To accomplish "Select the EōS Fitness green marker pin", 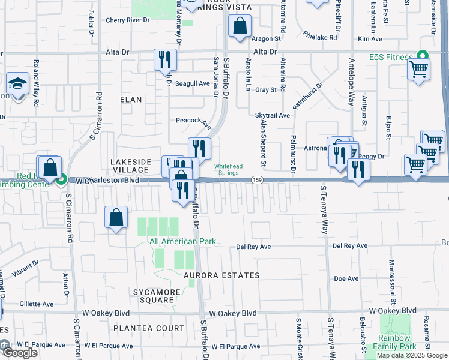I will click(x=422, y=58).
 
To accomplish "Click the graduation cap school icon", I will click(x=17, y=83).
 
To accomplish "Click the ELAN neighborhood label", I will click(x=131, y=100).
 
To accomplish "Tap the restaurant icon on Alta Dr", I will click(x=166, y=59).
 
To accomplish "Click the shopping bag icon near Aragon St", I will click(x=240, y=26).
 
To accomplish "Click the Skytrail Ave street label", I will click(x=273, y=115).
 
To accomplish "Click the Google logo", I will click(x=19, y=353).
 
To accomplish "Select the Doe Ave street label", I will click(x=346, y=278).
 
